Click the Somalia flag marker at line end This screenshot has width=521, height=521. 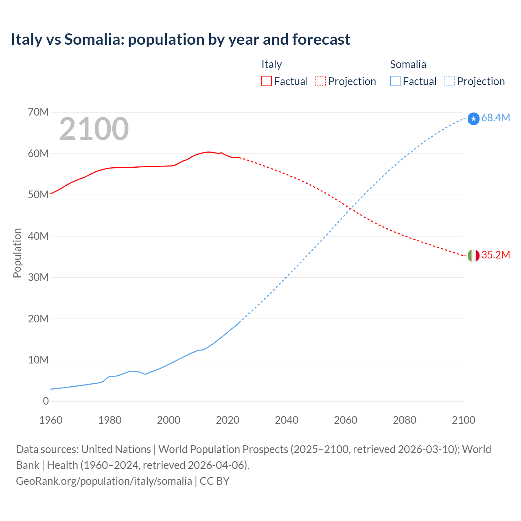click(473, 119)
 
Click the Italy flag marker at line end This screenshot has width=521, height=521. click(473, 256)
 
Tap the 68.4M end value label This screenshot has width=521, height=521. click(495, 118)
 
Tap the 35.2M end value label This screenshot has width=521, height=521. click(495, 255)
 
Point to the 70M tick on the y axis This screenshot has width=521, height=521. click(38, 112)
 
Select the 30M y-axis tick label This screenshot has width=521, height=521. click(38, 277)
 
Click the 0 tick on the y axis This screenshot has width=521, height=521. click(46, 401)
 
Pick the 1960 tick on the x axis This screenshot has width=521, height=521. click(51, 420)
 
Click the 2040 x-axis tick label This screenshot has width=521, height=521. click(287, 420)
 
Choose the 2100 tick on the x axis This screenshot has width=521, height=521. click(463, 420)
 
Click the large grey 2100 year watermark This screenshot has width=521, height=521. click(94, 129)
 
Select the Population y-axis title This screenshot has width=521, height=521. click(17, 253)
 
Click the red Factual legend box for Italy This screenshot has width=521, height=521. click(267, 81)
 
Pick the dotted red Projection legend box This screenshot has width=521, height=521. click(321, 81)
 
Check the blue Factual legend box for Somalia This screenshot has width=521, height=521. click(395, 81)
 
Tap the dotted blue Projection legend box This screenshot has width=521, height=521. click(449, 81)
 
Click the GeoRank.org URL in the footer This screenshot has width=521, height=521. click(104, 481)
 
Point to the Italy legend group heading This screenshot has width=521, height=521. click(271, 64)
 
